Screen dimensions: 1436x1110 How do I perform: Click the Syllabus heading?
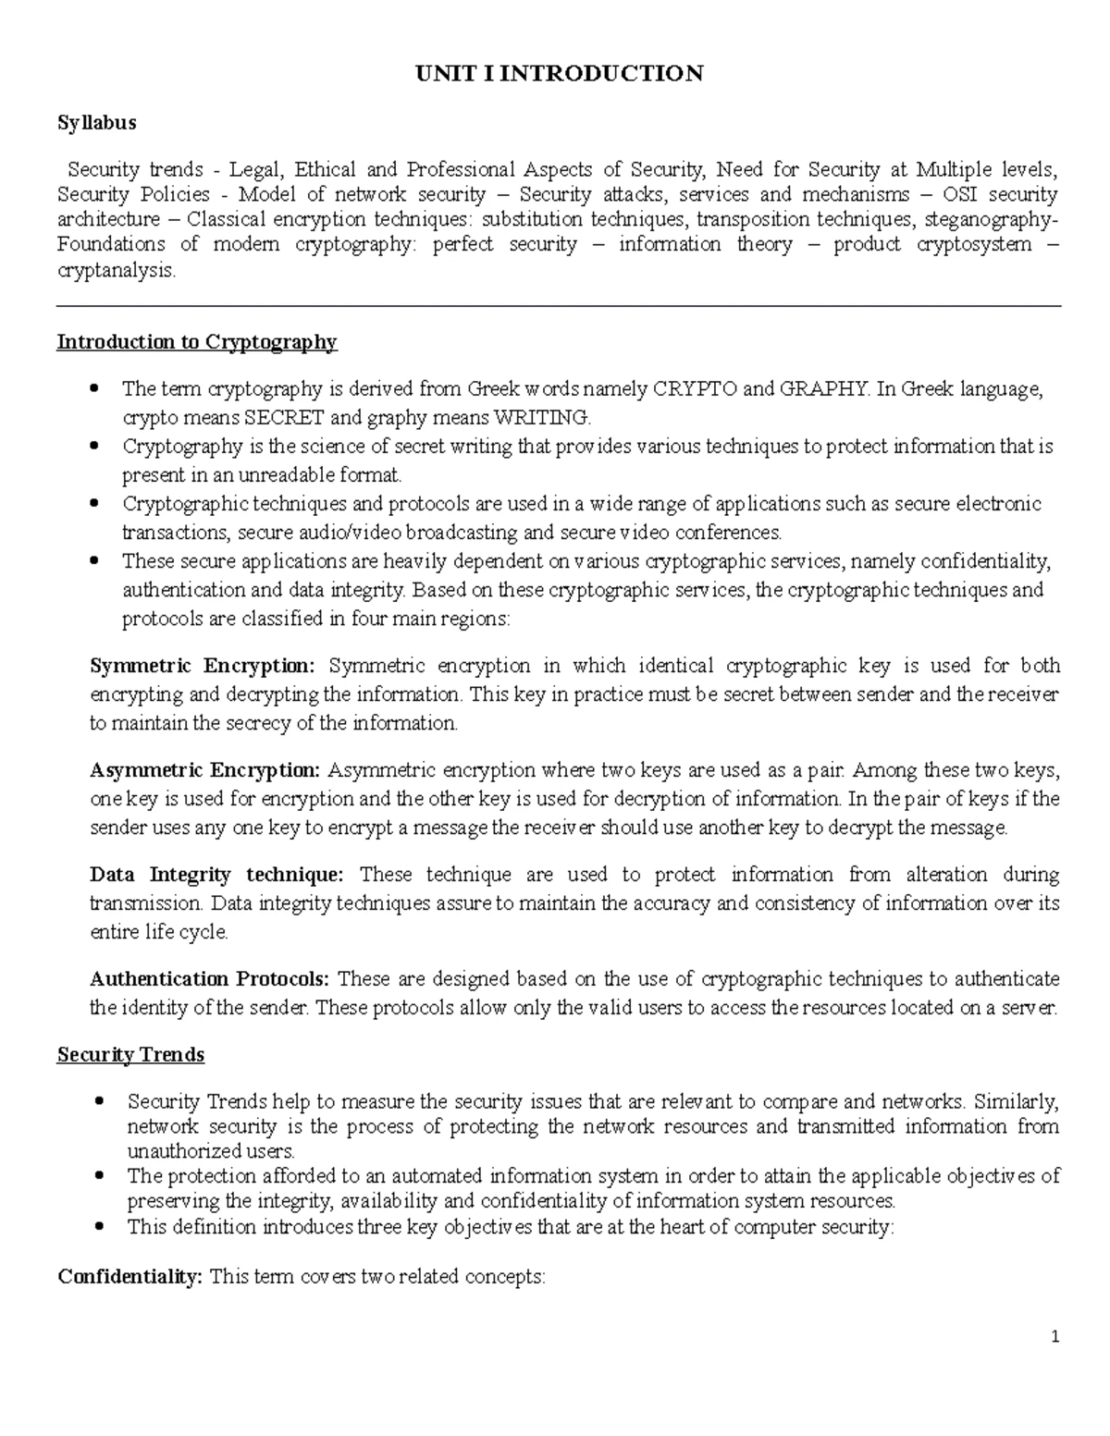tap(96, 122)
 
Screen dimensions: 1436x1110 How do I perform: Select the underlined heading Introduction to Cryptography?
tap(197, 342)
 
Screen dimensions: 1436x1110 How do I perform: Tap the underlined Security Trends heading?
tap(130, 1055)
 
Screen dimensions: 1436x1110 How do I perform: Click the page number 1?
tap(1054, 1337)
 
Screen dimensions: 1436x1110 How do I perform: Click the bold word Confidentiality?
tap(129, 1277)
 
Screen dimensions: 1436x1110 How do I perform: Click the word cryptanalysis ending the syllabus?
tap(116, 271)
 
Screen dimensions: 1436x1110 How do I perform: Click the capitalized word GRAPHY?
tap(825, 389)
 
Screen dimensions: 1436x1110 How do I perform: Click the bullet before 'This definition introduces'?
tap(100, 1227)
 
